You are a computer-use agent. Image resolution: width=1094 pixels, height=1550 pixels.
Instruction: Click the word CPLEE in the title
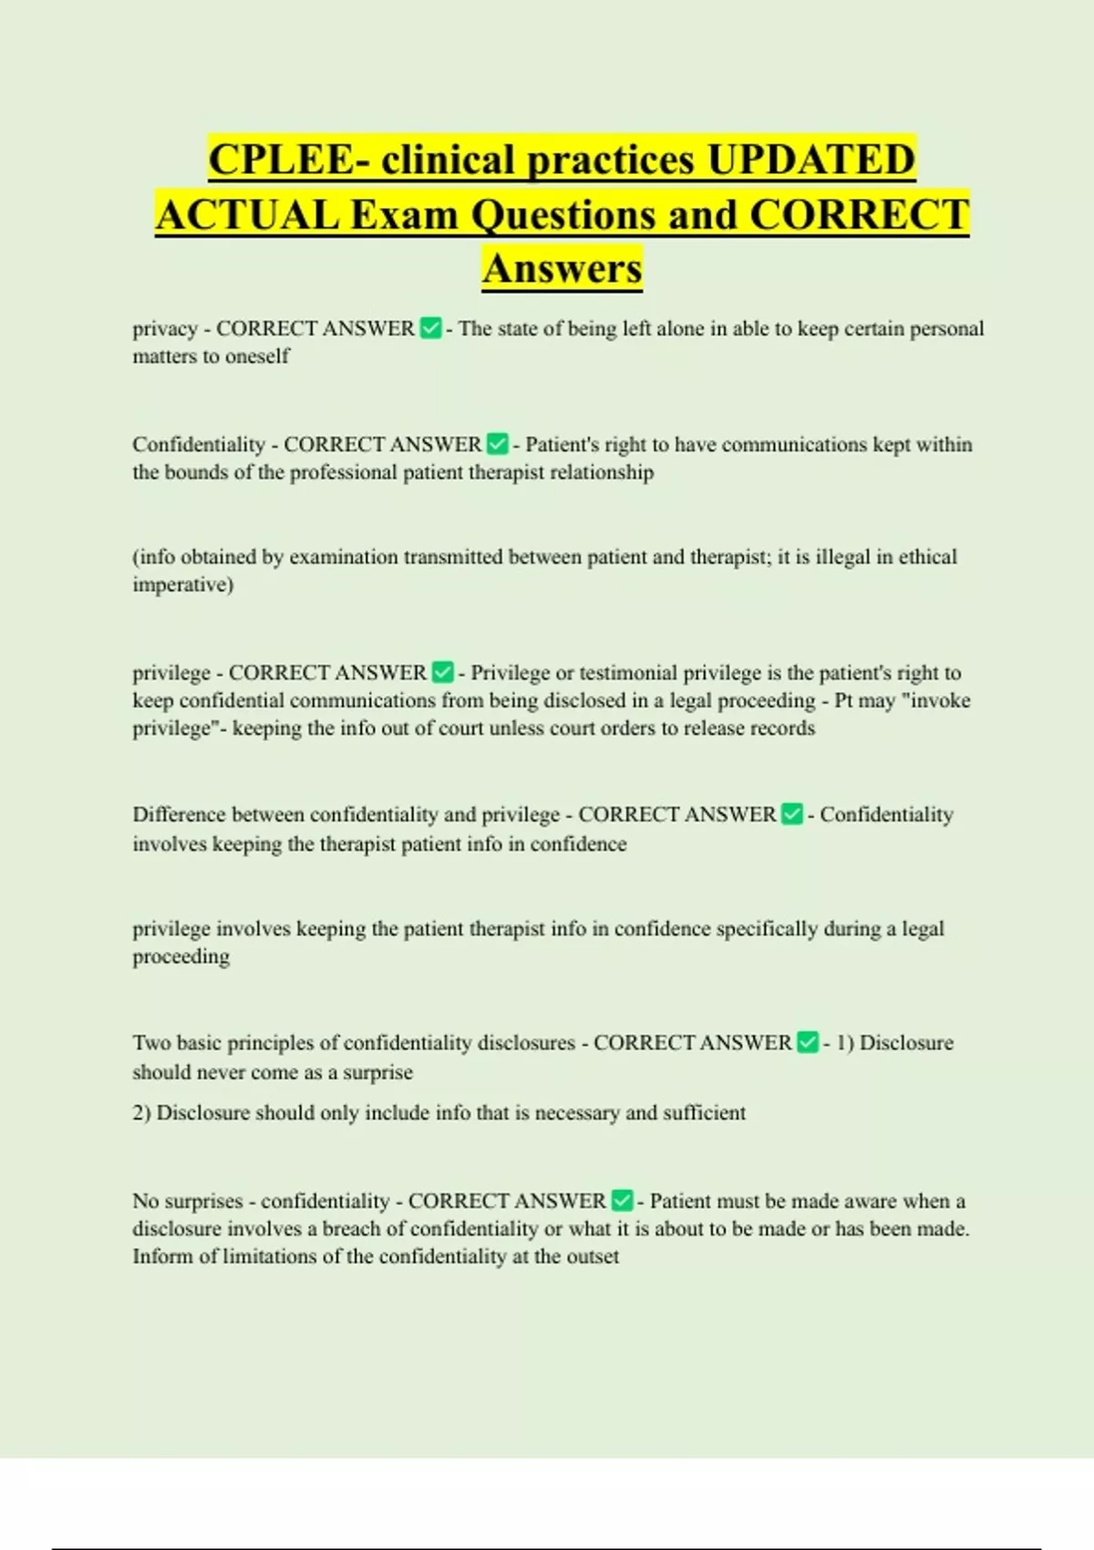[x=280, y=160]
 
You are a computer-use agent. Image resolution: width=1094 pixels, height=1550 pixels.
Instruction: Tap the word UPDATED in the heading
[x=810, y=160]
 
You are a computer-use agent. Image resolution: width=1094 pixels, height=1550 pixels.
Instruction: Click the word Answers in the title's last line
[x=562, y=269]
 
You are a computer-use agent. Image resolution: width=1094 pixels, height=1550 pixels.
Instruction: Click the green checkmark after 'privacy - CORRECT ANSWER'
[x=431, y=328]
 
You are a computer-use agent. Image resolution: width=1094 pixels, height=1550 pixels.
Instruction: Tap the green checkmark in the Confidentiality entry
[x=498, y=444]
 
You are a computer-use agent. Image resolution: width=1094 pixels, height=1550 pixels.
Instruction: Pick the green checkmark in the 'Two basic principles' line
[x=808, y=1042]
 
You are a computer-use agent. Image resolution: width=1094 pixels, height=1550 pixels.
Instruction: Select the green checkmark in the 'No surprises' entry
[x=623, y=1201]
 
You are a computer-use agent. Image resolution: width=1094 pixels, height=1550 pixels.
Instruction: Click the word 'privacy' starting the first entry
[x=165, y=329]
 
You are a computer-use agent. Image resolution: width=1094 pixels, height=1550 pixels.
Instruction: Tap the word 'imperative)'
[x=182, y=584]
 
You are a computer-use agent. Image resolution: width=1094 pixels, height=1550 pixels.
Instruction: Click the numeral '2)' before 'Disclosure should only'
[x=142, y=1113]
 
